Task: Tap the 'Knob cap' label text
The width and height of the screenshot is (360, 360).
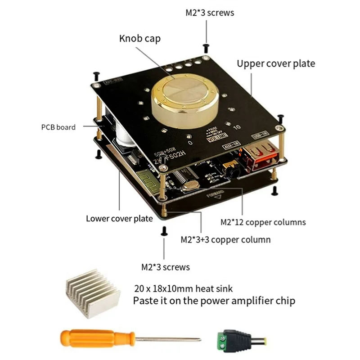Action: tap(139, 39)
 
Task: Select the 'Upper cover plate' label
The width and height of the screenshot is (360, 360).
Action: tap(276, 63)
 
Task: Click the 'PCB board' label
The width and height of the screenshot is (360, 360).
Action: tap(58, 127)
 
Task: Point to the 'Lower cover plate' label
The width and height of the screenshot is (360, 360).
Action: tap(119, 219)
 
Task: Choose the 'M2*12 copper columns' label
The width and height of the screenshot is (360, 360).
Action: tap(263, 222)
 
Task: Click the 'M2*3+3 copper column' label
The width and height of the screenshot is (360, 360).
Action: tap(225, 239)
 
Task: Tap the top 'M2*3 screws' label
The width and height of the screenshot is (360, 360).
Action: tap(210, 13)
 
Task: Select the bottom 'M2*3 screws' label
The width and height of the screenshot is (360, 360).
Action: tap(165, 267)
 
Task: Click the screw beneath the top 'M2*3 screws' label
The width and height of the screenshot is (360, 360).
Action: tap(206, 46)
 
